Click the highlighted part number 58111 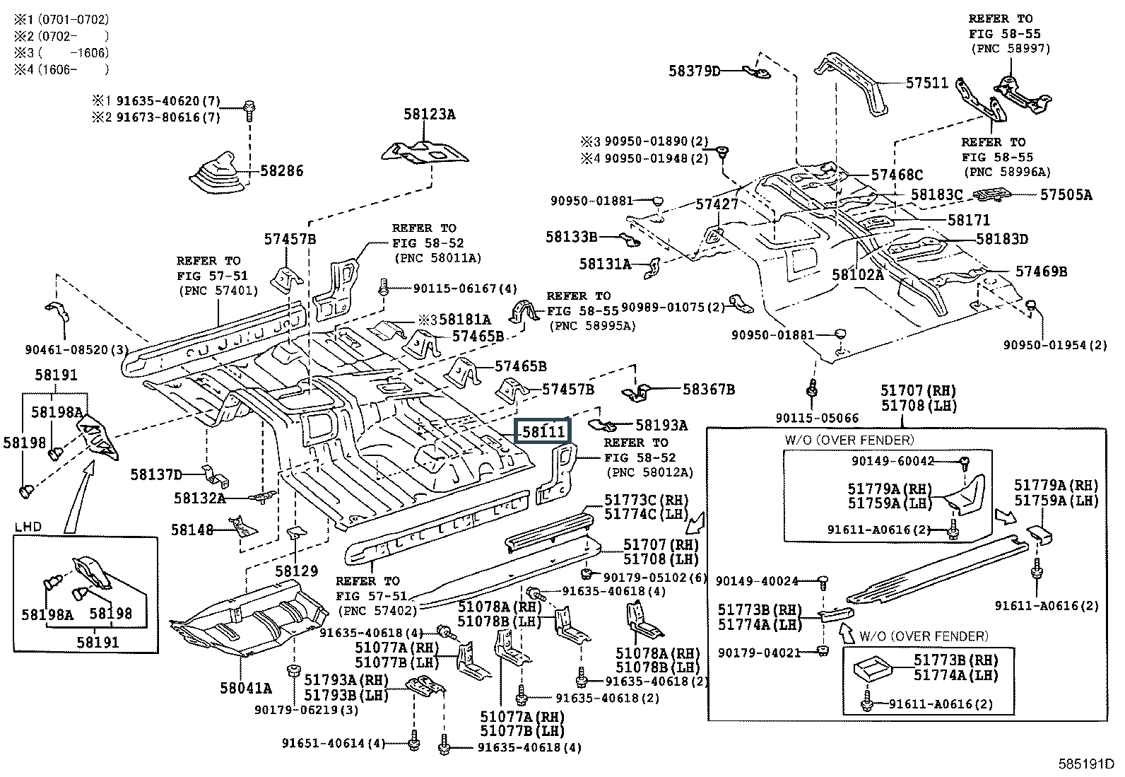click(x=542, y=431)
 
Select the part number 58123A click(x=429, y=113)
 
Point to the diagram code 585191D click(x=1085, y=764)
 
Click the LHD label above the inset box click(x=28, y=527)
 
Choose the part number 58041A click(x=245, y=687)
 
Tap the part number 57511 click(x=926, y=83)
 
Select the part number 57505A click(x=1065, y=194)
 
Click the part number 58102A click(x=857, y=274)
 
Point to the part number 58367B click(x=708, y=389)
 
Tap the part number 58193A click(x=661, y=425)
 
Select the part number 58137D click(x=155, y=474)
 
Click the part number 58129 click(x=297, y=571)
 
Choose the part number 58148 click(x=192, y=529)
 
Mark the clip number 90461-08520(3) click(x=66, y=349)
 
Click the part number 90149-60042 click(x=893, y=461)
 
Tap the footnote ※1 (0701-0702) click(x=61, y=19)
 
